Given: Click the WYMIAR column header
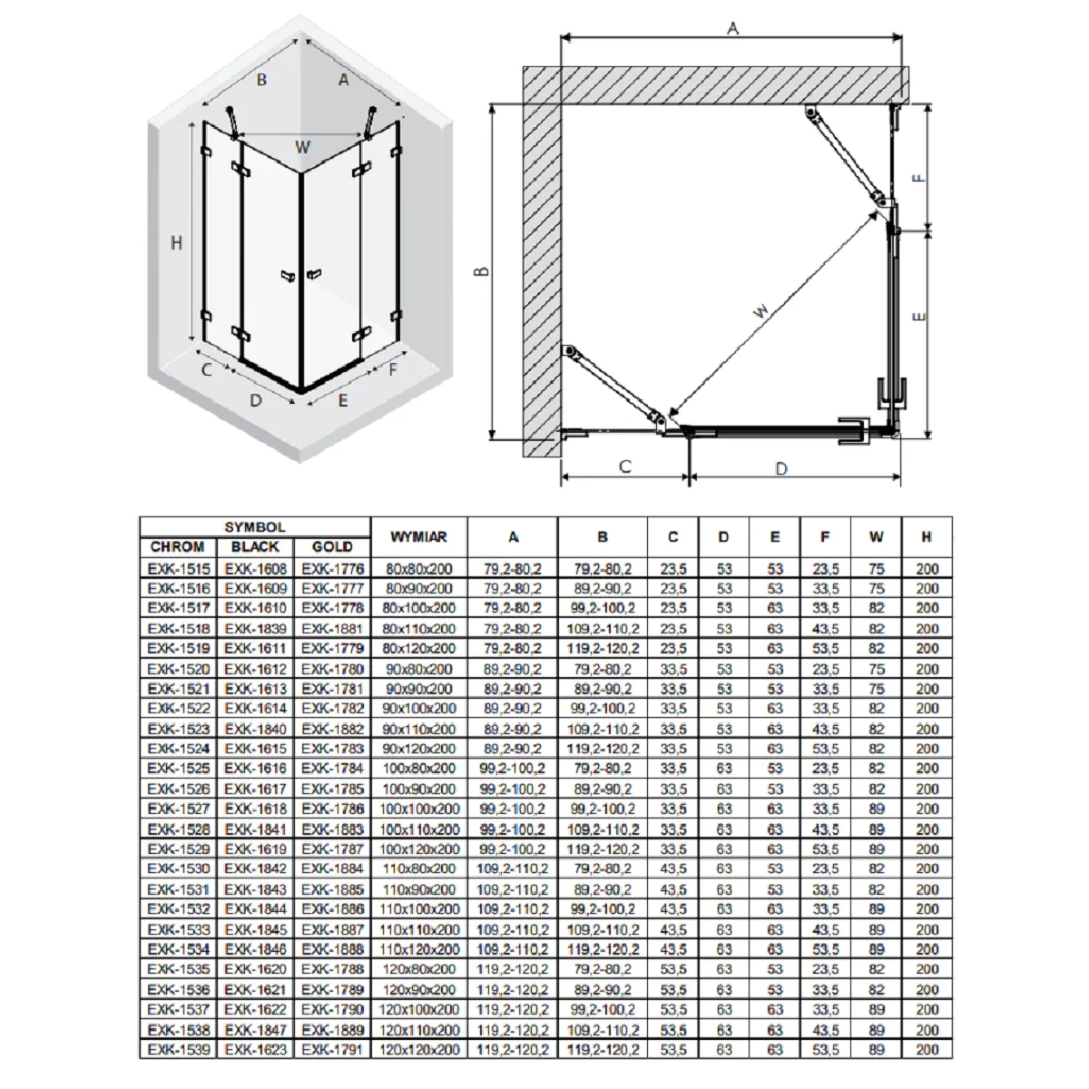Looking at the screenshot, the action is tap(418, 536).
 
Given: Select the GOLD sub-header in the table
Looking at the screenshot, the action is tap(332, 546).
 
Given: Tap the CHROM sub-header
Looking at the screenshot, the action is tap(177, 546).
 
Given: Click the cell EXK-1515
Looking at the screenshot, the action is tap(179, 568).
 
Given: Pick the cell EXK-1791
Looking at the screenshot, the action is tap(332, 1049).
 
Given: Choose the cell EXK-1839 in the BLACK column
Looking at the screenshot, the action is tap(255, 628).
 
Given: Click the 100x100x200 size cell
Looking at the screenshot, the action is tap(418, 809).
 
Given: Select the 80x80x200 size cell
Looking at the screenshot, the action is tap(418, 568).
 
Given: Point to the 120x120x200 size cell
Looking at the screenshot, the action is tap(418, 1049).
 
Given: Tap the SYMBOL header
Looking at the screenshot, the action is tap(255, 527).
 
